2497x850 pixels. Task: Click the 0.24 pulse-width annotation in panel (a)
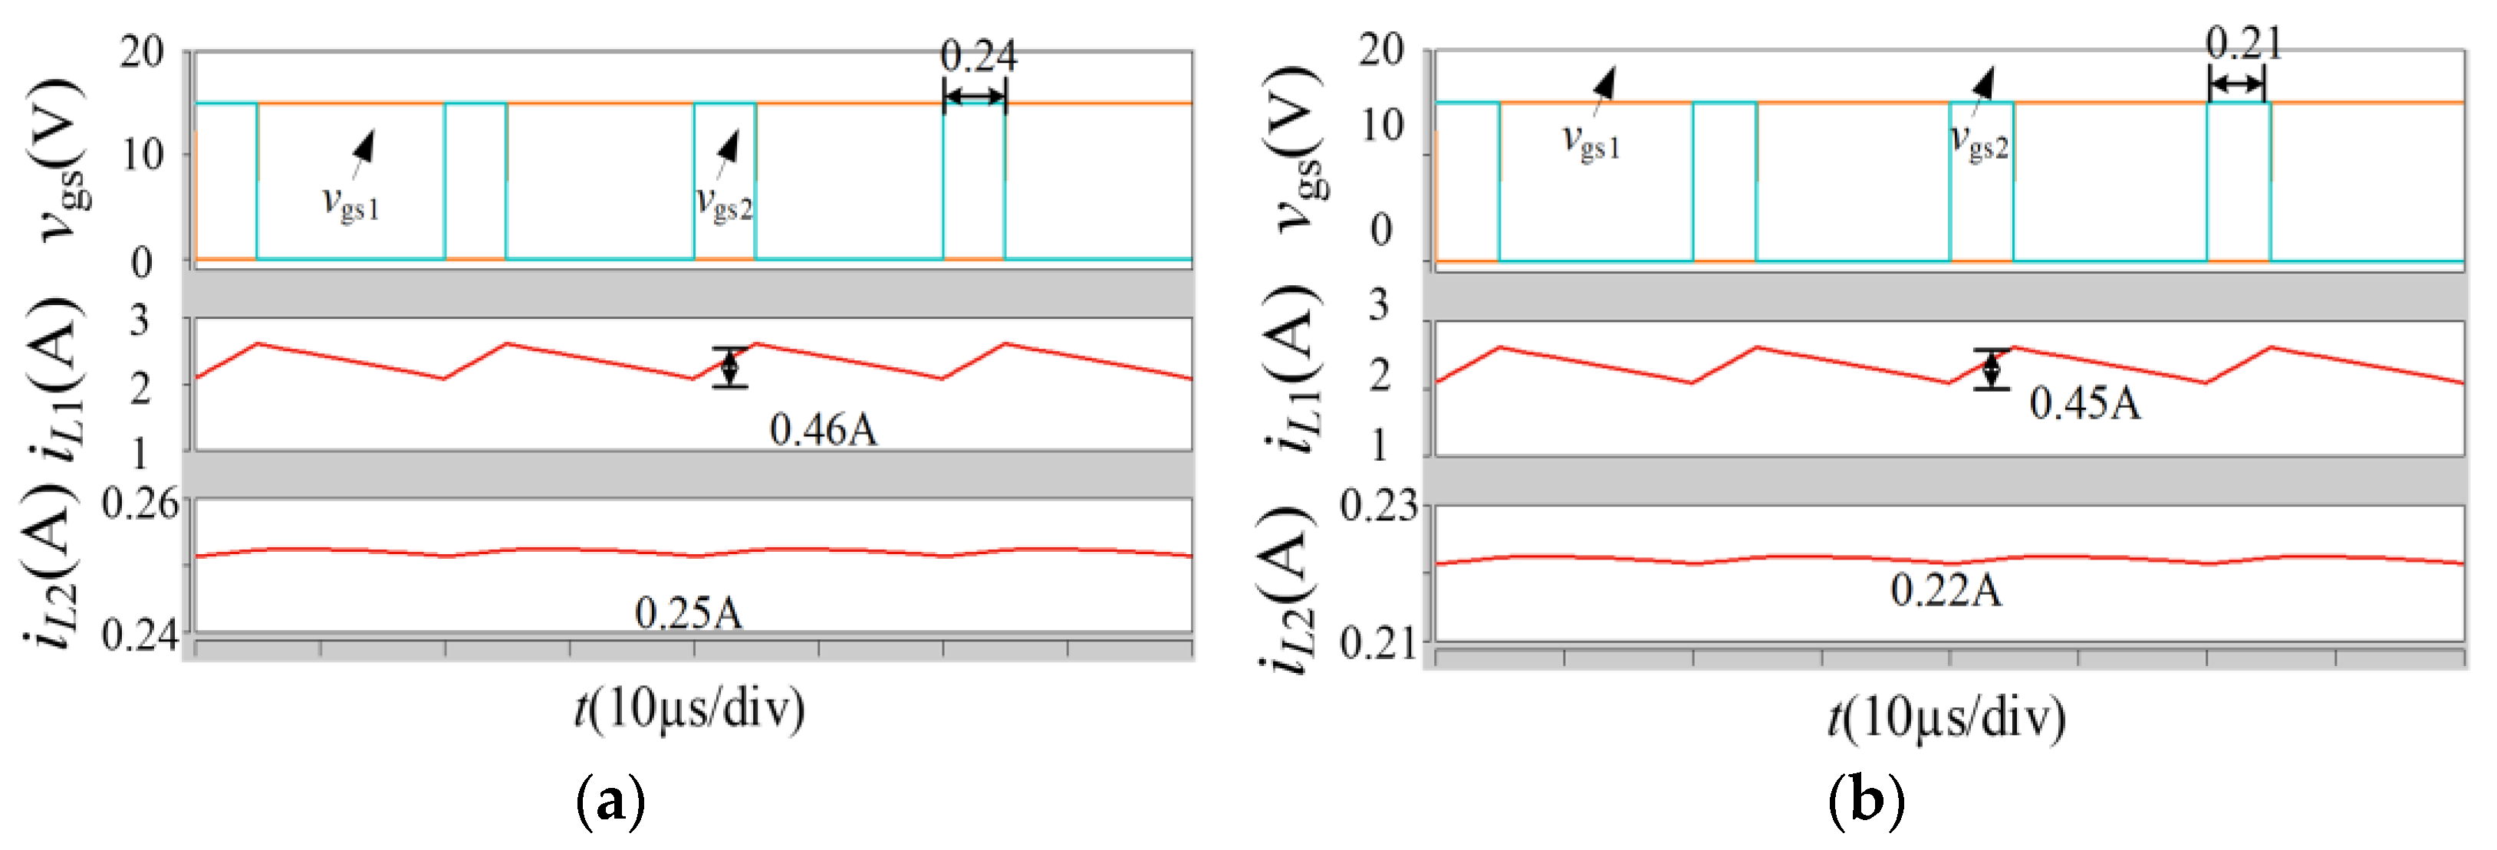978,56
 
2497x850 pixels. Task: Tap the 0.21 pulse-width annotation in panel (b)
2243,44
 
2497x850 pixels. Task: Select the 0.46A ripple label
823,429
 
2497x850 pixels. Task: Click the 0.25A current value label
688,612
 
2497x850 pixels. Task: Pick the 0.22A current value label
1946,589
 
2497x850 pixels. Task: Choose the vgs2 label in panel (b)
1979,143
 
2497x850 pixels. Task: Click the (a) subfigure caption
610,801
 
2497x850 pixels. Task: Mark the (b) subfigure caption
1866,801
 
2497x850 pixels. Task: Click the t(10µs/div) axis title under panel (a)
689,710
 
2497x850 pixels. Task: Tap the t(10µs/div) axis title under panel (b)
1946,718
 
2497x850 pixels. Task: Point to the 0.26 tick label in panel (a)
140,504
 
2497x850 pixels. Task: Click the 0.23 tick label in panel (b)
1378,506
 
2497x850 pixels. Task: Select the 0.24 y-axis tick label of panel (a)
140,636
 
